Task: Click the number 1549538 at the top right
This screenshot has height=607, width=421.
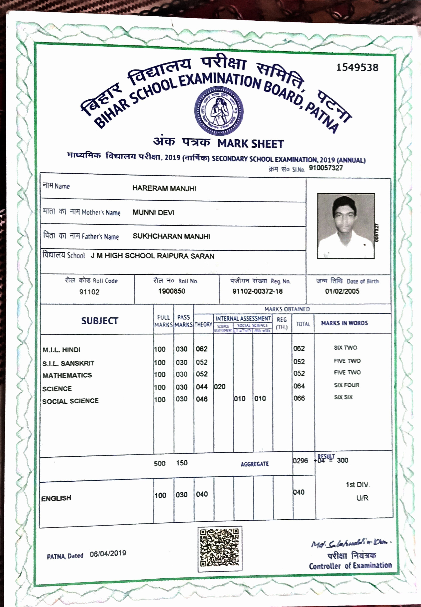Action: (357, 68)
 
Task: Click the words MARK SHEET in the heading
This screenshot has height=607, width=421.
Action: (250, 144)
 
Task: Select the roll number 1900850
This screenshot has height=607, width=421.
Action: (172, 291)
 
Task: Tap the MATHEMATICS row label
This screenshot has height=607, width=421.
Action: (67, 375)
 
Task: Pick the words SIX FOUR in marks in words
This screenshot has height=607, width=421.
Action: (346, 385)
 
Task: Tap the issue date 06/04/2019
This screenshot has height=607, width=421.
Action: (108, 553)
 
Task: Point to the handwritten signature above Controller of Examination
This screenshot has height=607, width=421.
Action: (351, 543)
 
